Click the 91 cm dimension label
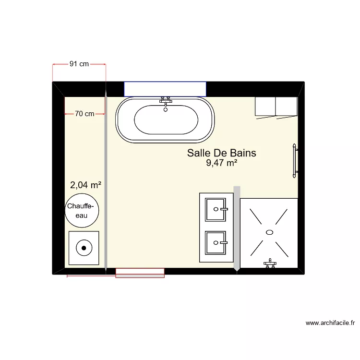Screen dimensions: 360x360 (x=79, y=64)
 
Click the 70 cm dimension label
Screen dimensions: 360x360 (x=84, y=114)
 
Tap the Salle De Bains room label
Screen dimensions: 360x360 (x=221, y=153)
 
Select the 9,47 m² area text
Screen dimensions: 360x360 (x=222, y=164)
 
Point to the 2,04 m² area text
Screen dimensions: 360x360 (x=85, y=185)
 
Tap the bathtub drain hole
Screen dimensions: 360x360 (x=166, y=109)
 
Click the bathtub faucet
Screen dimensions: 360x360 (x=166, y=100)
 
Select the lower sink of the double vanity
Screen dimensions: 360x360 (x=216, y=243)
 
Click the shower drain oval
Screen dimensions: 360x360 (x=269, y=232)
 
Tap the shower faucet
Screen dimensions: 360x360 (x=270, y=263)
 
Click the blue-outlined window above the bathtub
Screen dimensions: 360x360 (x=165, y=89)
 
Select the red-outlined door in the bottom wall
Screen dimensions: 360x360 (x=140, y=273)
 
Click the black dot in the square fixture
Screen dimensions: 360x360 (x=84, y=248)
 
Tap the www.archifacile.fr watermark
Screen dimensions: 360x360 (x=330, y=324)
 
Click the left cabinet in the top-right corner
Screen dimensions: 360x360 (x=265, y=106)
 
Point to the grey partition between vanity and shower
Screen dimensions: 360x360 (x=236, y=228)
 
